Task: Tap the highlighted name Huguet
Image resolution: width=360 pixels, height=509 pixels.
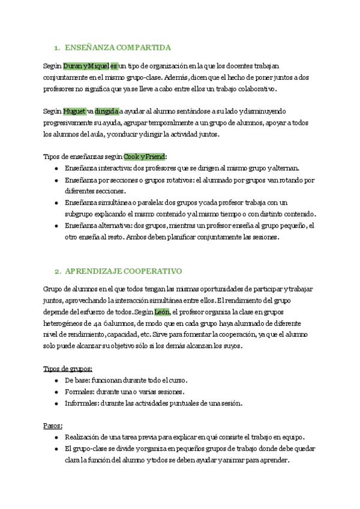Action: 74,111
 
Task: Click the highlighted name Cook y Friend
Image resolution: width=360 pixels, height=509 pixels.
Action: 144,157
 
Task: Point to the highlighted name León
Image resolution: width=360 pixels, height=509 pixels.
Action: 162,312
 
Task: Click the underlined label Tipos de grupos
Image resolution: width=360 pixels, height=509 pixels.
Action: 68,369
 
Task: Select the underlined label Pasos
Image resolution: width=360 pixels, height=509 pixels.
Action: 53,426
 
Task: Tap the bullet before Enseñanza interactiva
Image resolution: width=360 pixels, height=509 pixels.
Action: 56,169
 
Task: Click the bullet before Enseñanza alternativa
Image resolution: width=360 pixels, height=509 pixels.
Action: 56,226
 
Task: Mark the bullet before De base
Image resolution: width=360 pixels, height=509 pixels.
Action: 56,381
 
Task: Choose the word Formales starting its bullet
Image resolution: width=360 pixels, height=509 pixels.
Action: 79,392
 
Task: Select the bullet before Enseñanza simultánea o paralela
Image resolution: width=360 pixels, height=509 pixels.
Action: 56,203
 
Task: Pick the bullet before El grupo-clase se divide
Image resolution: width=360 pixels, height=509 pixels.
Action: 56,449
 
